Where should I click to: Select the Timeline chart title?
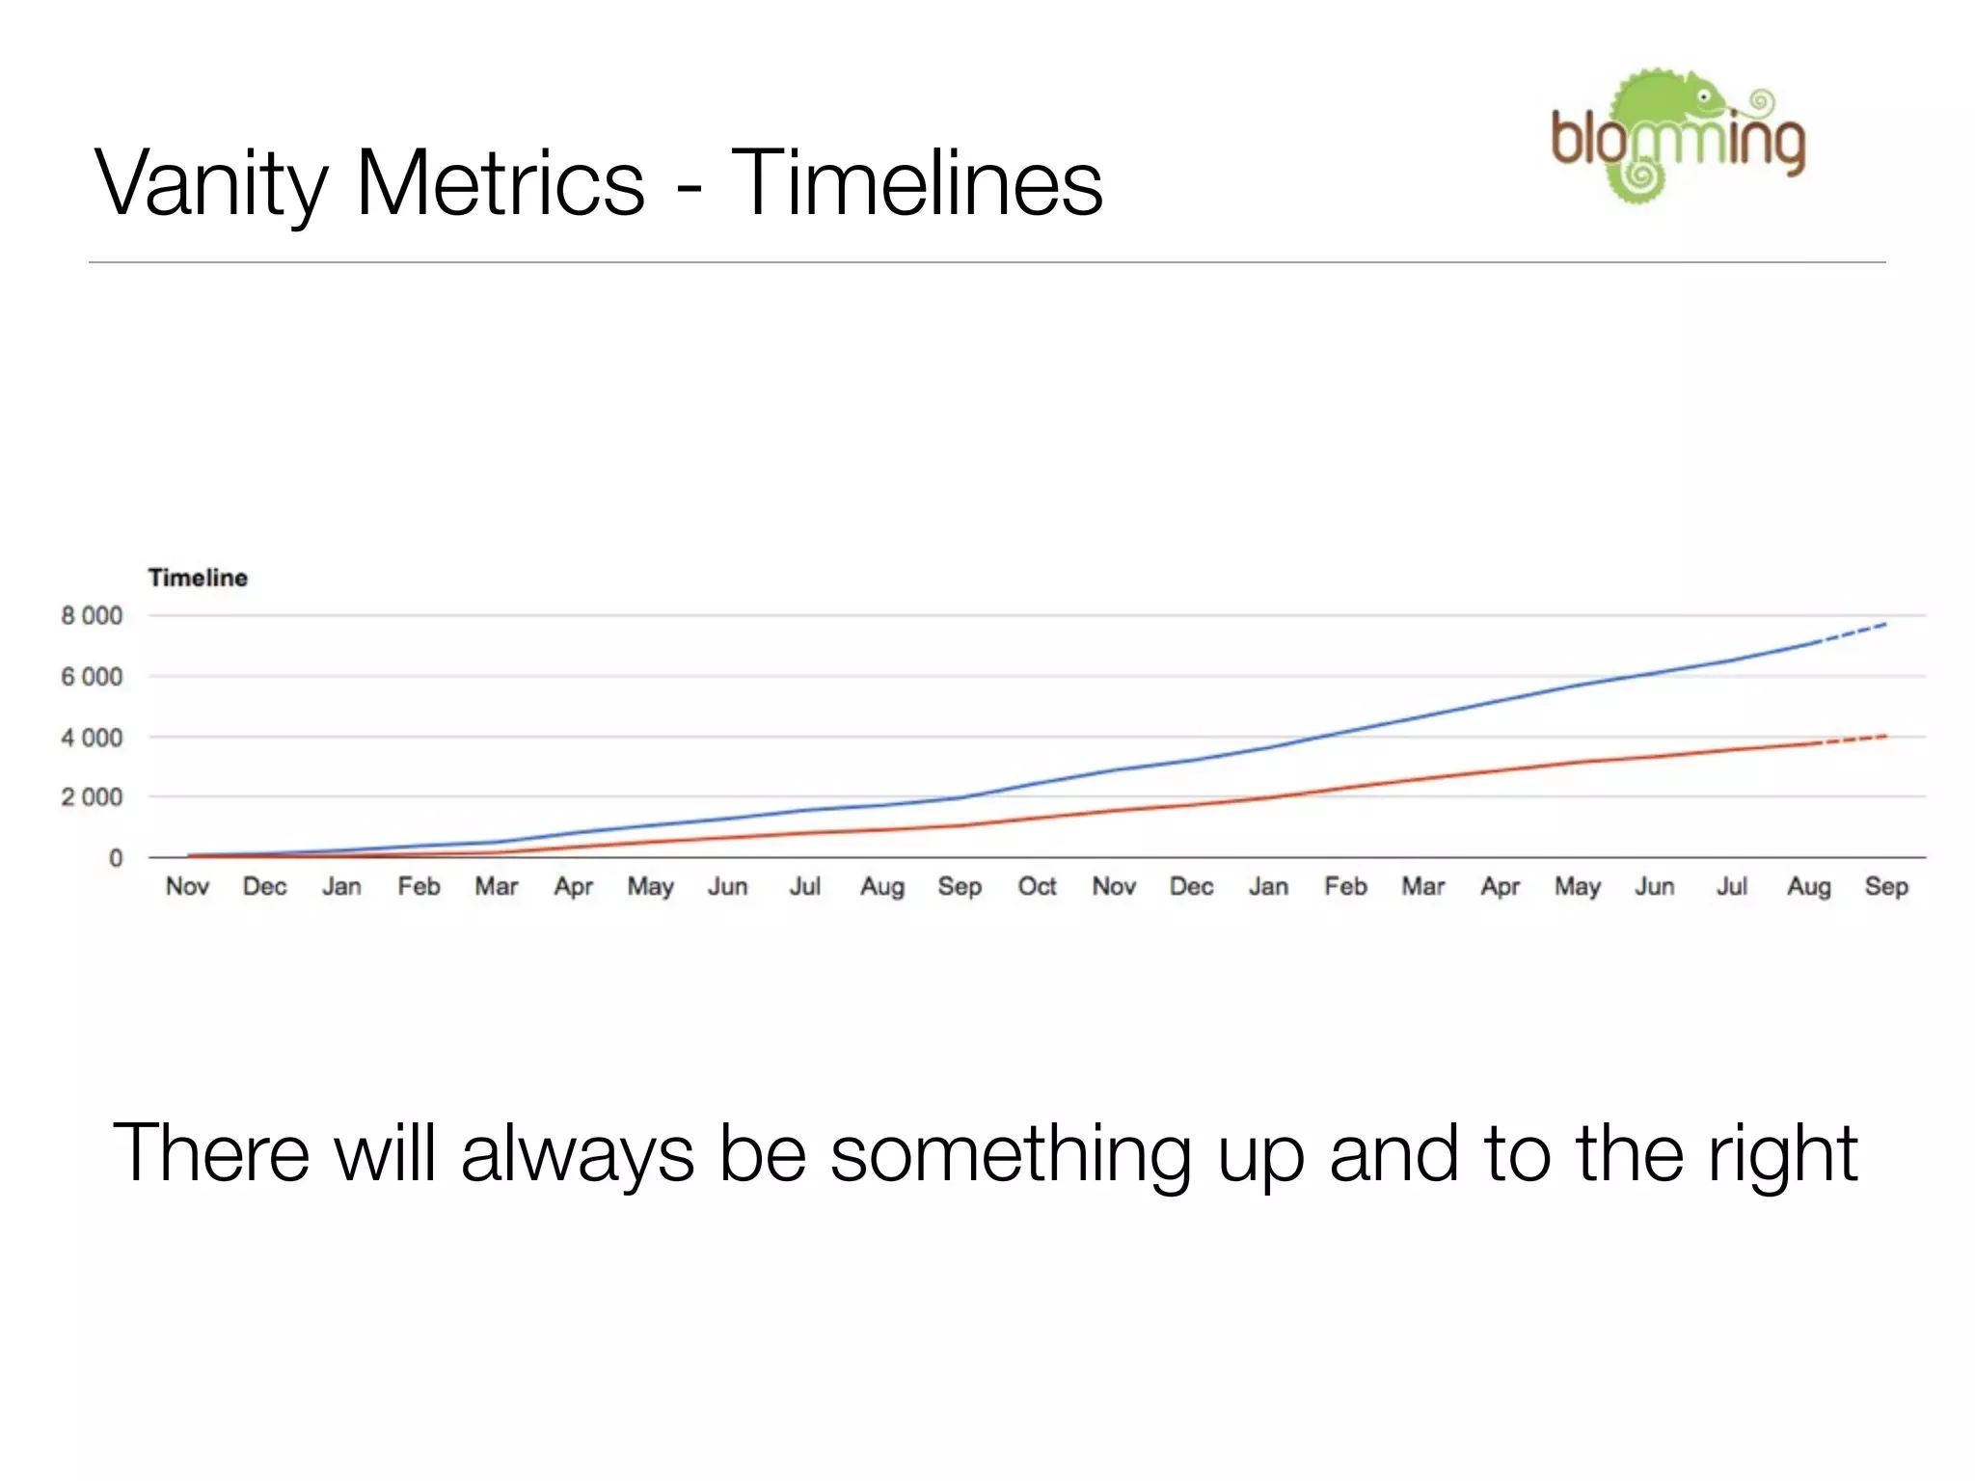198,578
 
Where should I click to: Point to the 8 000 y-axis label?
92,615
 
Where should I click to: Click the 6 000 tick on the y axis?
92,677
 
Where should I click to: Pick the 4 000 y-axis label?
92,738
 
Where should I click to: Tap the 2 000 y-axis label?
92,797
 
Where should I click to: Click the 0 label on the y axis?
116,858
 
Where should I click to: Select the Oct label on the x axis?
1037,886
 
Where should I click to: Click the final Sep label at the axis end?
1885,886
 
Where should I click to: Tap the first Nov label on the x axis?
187,886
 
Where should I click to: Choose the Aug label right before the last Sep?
1808,886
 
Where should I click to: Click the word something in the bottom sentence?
1010,1153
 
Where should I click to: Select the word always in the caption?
577,1153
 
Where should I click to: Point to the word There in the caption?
211,1153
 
